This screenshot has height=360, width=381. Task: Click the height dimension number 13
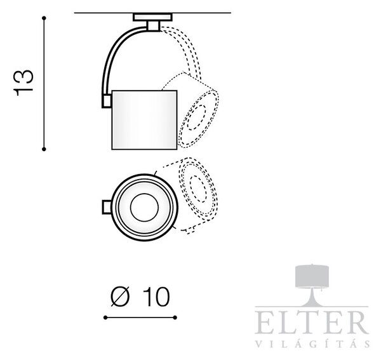click(23, 83)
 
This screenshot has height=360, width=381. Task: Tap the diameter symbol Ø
click(120, 297)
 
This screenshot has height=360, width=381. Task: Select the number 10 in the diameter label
click(156, 297)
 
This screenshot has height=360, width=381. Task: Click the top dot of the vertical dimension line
click(44, 18)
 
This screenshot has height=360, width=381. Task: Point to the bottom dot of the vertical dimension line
click(44, 149)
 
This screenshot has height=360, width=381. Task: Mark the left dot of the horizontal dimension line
click(105, 317)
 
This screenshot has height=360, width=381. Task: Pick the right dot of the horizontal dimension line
click(175, 317)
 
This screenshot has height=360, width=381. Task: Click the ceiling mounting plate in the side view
click(152, 17)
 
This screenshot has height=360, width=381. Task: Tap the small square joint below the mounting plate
click(154, 26)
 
